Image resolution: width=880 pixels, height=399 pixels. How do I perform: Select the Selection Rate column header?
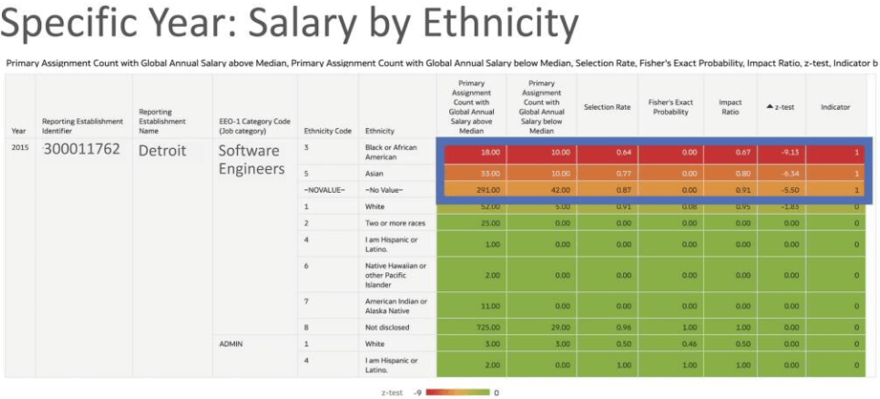pyautogui.click(x=608, y=107)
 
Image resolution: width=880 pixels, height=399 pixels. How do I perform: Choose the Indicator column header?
pyautogui.click(x=835, y=107)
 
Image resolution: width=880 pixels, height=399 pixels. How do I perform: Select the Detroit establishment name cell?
pyautogui.click(x=169, y=151)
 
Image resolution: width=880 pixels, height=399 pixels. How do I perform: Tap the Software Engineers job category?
pyautogui.click(x=248, y=159)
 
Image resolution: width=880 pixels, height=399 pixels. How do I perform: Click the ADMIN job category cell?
pyautogui.click(x=232, y=343)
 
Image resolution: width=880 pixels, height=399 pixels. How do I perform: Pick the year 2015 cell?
pyautogui.click(x=19, y=149)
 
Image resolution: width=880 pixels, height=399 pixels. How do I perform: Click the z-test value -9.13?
pyautogui.click(x=783, y=152)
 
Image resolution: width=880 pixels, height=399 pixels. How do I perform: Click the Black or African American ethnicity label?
pyautogui.click(x=392, y=152)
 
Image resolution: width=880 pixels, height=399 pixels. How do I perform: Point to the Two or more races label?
pyautogui.click(x=396, y=222)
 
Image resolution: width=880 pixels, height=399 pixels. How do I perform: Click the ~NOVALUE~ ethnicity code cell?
pyautogui.click(x=319, y=191)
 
